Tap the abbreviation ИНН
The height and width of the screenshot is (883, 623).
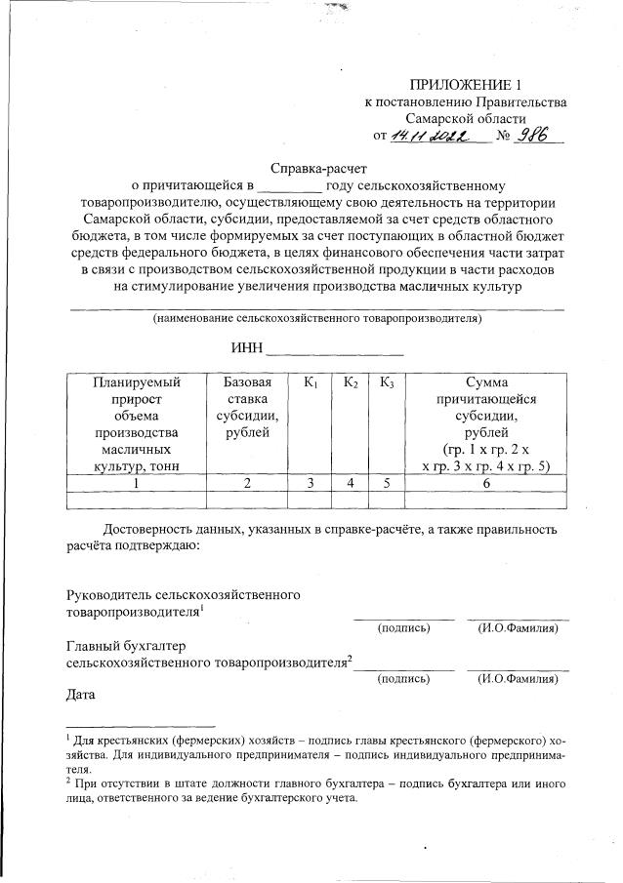click(246, 348)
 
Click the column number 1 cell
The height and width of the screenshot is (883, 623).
click(137, 481)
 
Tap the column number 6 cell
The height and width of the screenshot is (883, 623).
click(486, 481)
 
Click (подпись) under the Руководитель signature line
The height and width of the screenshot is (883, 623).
click(403, 628)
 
